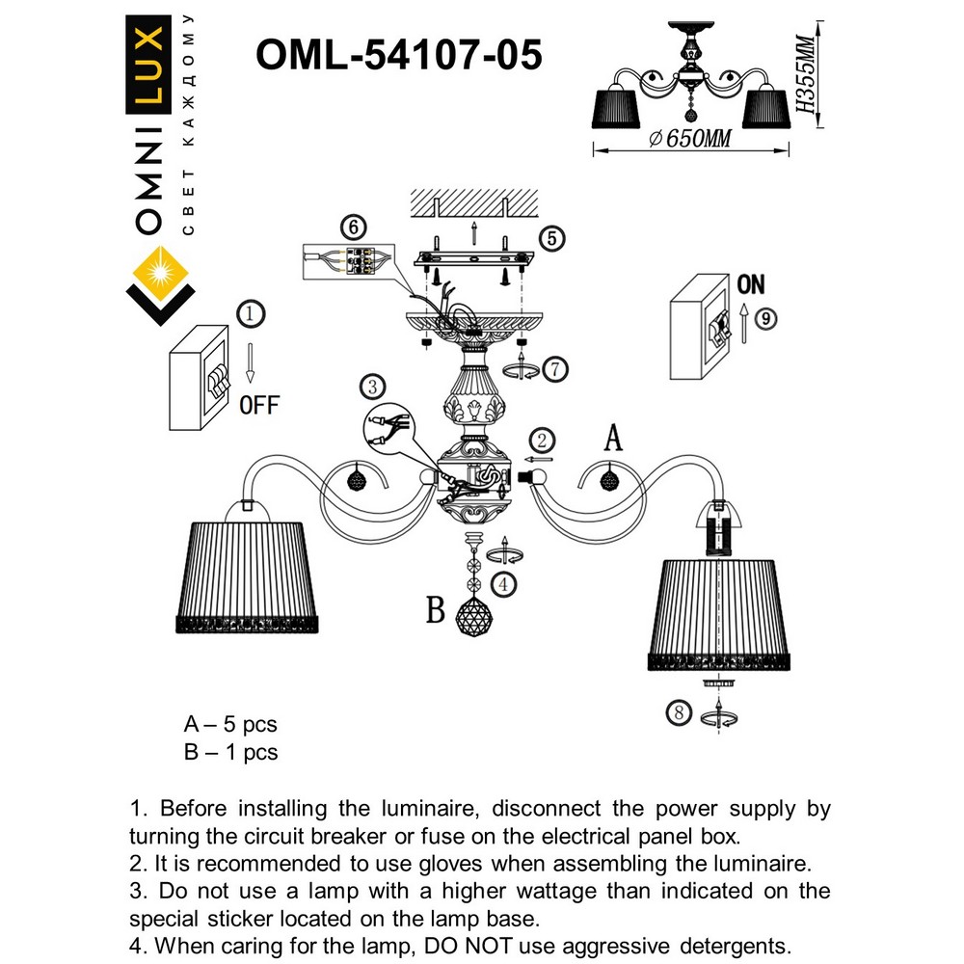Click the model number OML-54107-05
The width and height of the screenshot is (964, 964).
point(398,55)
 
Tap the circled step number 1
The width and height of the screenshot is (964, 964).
point(250,314)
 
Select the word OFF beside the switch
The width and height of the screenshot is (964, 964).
point(258,405)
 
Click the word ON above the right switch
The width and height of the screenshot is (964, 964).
point(750,284)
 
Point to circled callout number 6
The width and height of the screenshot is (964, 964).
point(355,228)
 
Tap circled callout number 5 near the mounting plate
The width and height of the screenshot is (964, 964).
point(549,238)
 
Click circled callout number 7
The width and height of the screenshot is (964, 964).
point(552,367)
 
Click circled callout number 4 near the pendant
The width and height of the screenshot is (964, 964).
point(501,583)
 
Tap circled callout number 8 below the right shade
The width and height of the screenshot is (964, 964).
point(680,713)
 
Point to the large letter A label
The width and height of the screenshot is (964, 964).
point(613,439)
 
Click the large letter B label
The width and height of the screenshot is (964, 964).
point(437,610)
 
